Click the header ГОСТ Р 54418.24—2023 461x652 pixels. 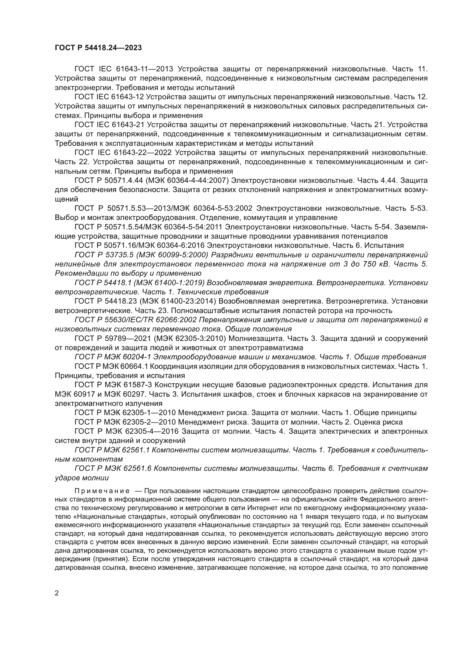pyautogui.click(x=98, y=48)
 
